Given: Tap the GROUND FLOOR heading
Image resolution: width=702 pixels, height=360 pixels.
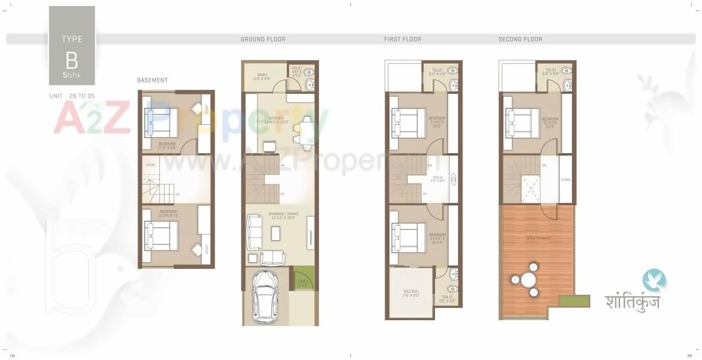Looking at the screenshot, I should [x=263, y=39].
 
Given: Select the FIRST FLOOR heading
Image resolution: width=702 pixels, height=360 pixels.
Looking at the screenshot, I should [x=402, y=39].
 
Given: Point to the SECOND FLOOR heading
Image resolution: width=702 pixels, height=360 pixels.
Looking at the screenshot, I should [x=520, y=39].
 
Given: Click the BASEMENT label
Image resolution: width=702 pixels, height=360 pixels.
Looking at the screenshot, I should [x=152, y=80].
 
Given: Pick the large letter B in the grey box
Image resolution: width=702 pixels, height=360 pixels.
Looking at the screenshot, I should [x=71, y=59].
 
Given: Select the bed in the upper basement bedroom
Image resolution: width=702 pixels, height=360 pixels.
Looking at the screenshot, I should [x=161, y=122].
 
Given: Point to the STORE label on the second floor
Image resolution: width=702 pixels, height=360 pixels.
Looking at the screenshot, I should [x=565, y=180].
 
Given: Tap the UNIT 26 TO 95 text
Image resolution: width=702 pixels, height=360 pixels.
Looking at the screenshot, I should [x=71, y=96].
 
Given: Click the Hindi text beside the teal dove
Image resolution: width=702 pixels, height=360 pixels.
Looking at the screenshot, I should [x=632, y=301].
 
